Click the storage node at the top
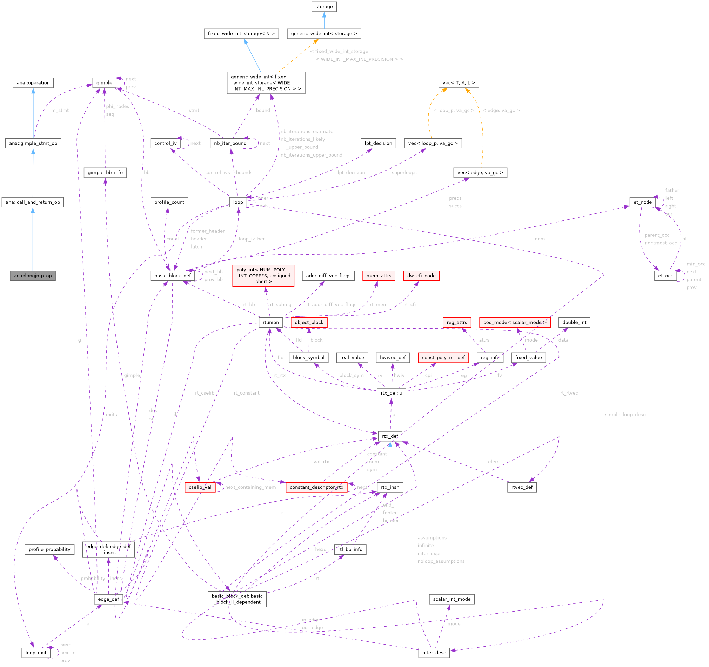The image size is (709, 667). [324, 6]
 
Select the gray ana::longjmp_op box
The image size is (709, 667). [33, 276]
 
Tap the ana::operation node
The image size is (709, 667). [33, 83]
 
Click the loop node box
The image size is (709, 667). [238, 202]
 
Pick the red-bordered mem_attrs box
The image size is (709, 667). [379, 276]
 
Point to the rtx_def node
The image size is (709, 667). [390, 436]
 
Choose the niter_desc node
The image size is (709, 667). [434, 653]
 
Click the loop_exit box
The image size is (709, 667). [36, 653]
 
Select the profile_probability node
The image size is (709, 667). [49, 549]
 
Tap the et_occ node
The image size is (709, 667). [665, 276]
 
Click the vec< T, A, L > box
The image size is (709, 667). [459, 83]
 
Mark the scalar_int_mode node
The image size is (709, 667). [452, 599]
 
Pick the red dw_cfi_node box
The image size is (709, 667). [421, 276]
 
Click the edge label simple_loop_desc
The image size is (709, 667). [625, 415]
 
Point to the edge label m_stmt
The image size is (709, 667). [60, 110]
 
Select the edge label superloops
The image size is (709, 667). [404, 173]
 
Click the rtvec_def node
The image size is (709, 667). [522, 487]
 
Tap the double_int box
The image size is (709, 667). [574, 322]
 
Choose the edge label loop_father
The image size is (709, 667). [252, 239]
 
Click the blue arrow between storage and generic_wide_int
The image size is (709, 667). [324, 20]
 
